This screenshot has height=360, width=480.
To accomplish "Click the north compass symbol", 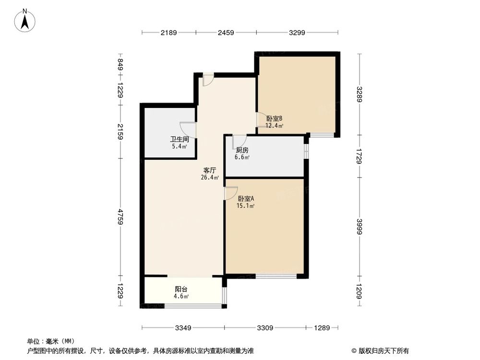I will click(x=25, y=20).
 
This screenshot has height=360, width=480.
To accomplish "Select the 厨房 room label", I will click(x=241, y=150).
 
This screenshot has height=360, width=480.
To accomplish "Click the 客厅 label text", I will click(x=209, y=170).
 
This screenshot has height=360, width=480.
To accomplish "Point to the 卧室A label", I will click(x=246, y=199).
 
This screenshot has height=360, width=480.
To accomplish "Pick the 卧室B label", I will click(x=275, y=119).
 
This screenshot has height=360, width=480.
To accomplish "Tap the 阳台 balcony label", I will click(x=181, y=289).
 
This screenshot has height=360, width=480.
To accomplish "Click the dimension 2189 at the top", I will click(x=169, y=33).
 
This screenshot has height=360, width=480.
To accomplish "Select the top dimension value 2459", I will click(x=226, y=33).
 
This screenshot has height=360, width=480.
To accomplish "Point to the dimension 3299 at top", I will click(x=297, y=33).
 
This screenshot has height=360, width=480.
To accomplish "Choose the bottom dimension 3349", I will click(x=183, y=328).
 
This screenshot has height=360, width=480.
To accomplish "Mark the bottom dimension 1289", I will click(x=322, y=328).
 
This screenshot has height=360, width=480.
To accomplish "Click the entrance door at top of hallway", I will click(x=208, y=80).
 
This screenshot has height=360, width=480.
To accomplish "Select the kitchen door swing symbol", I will click(x=239, y=141).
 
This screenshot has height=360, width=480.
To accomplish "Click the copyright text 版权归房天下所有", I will click(x=384, y=350).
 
